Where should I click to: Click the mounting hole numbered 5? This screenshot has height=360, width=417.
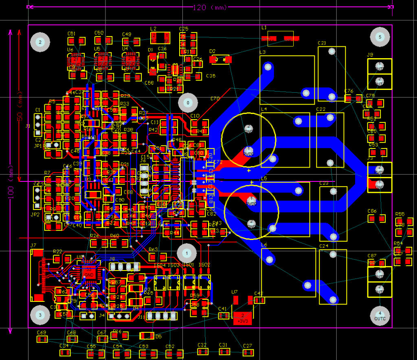(380, 37)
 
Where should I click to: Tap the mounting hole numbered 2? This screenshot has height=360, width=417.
(40, 41)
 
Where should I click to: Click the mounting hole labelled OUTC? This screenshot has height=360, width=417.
(380, 316)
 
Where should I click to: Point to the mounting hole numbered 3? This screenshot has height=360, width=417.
(40, 315)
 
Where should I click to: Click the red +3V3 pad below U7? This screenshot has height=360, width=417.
(243, 318)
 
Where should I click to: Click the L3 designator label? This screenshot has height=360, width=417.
(262, 52)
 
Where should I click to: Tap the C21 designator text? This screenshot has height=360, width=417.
(322, 43)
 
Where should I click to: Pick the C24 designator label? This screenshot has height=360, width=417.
(324, 246)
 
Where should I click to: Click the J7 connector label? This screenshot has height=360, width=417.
(33, 245)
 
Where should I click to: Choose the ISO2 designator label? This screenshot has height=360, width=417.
(204, 265)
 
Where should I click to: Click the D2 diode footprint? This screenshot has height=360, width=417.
(220, 60)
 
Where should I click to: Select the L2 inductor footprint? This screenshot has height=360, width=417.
(160, 38)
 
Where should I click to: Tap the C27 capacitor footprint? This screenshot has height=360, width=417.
(248, 352)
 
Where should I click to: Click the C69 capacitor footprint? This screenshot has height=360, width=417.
(42, 339)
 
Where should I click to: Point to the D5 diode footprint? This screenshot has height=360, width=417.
(147, 336)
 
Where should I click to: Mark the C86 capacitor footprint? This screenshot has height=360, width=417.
(376, 219)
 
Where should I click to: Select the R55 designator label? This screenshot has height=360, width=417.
(400, 214)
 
